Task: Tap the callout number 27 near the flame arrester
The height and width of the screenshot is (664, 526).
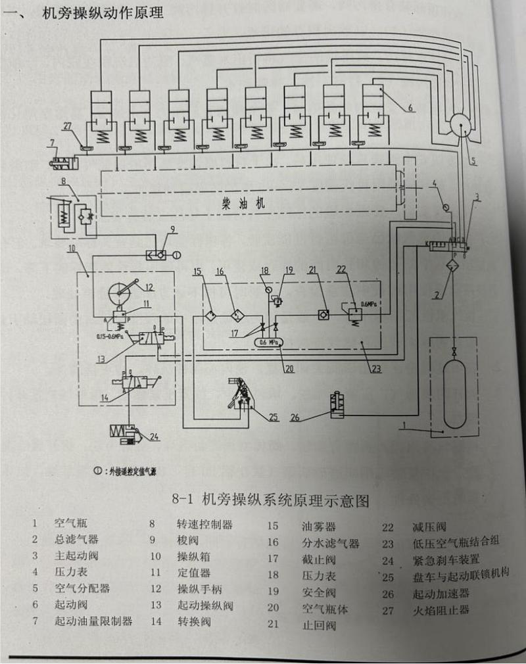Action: (66, 126)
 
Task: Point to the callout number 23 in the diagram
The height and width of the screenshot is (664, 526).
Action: (375, 369)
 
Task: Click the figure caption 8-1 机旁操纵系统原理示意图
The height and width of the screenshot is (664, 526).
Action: (270, 501)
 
